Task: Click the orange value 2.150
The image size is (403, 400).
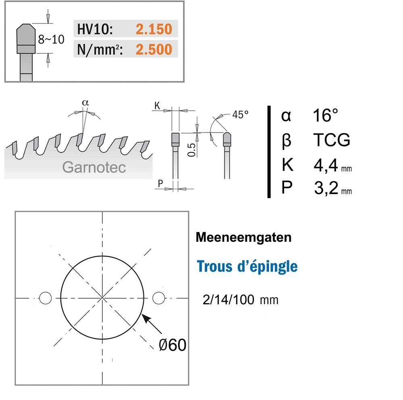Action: (x=154, y=29)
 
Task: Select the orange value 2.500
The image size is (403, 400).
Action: (x=154, y=49)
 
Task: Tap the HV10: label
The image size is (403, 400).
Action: (x=95, y=29)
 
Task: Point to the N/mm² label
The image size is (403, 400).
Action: (x=100, y=50)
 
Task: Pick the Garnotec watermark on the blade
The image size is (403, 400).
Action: (x=94, y=168)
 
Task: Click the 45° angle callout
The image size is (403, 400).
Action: (x=240, y=115)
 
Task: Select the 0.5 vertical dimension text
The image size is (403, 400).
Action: (x=191, y=150)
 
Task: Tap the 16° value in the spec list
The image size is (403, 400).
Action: (x=325, y=115)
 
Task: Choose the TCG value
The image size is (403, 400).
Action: (x=332, y=140)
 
